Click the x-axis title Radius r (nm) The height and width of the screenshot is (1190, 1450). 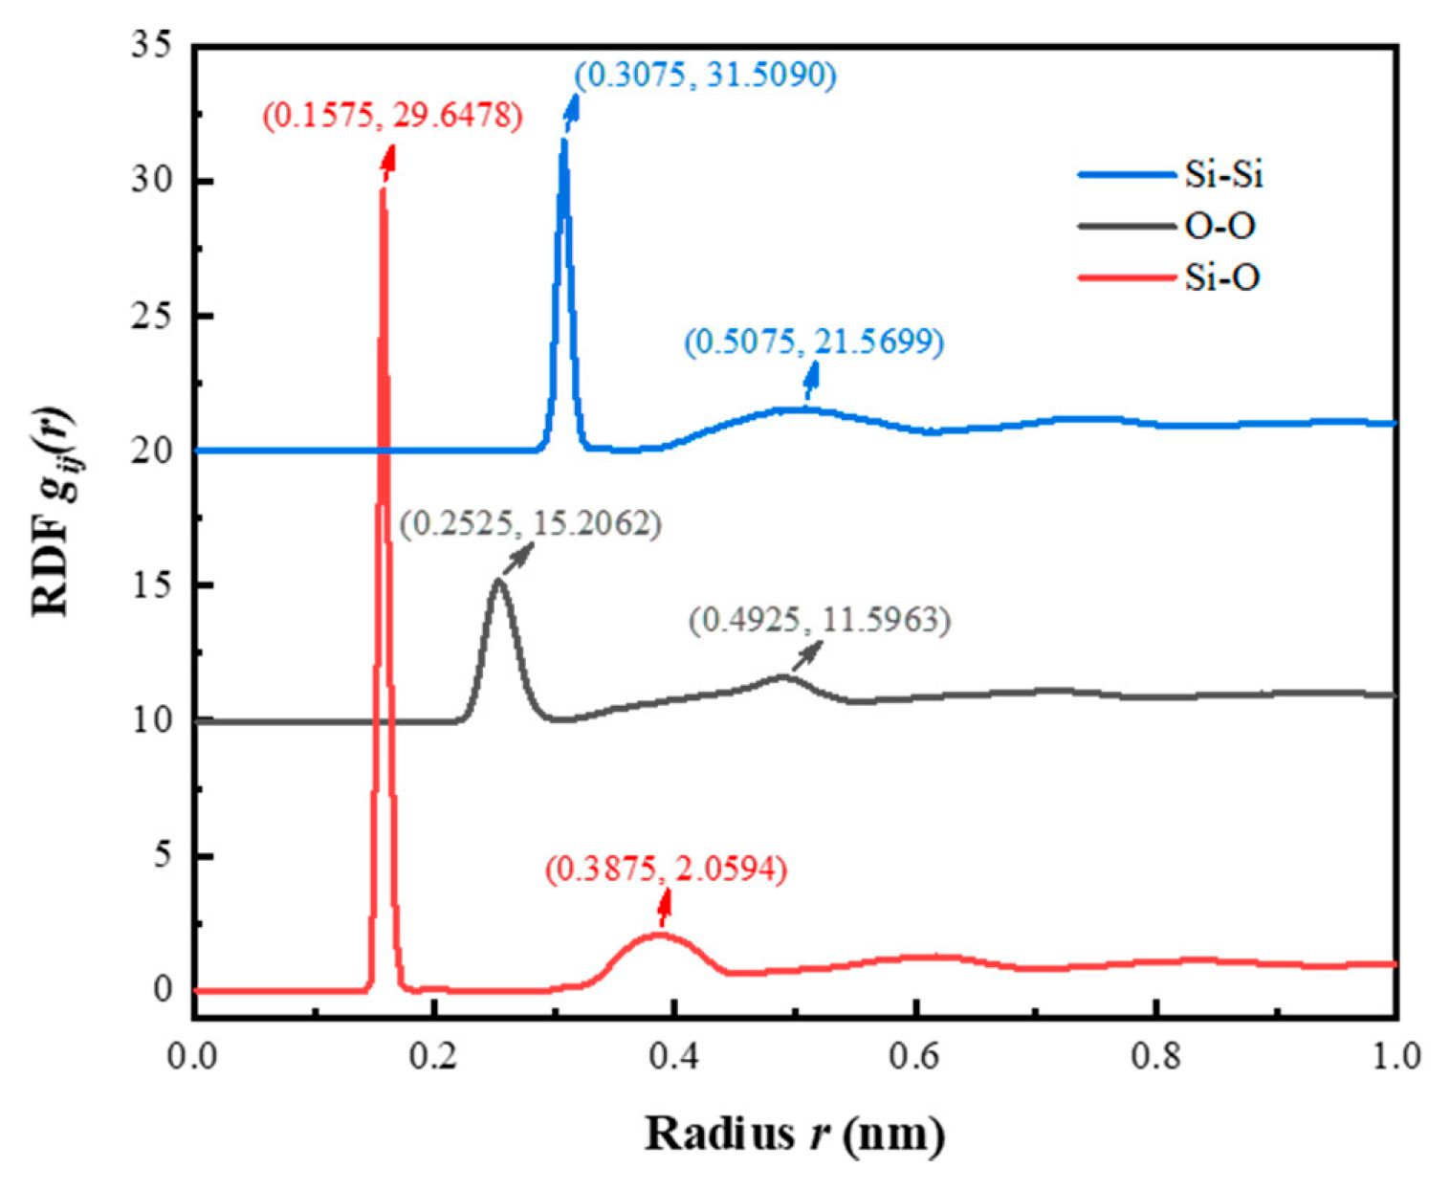(795, 1134)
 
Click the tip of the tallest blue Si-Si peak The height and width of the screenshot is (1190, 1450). (563, 141)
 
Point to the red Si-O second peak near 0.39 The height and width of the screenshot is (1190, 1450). (659, 935)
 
